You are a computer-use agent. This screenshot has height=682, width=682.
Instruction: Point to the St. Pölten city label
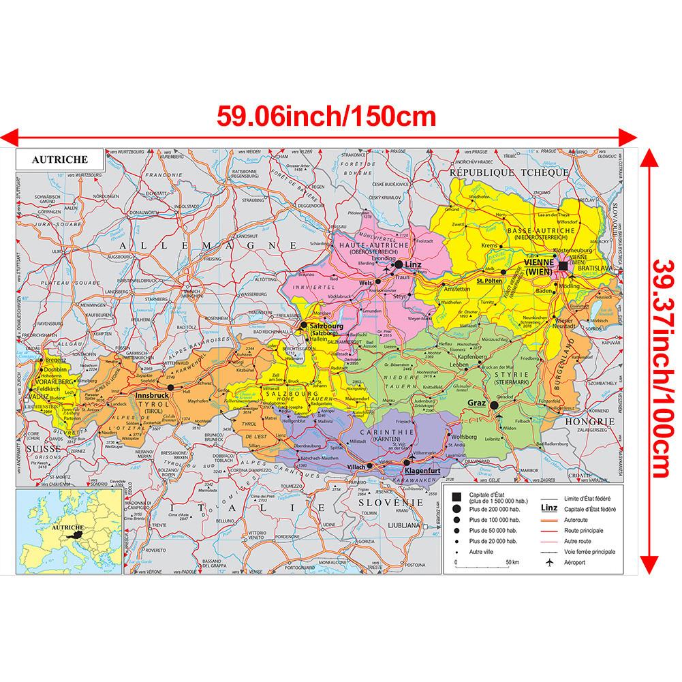click(489, 279)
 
